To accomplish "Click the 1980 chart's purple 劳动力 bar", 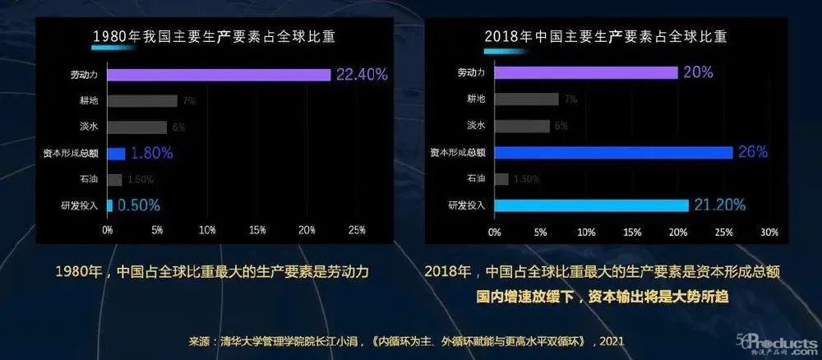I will click(x=219, y=74).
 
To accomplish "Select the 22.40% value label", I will click(x=360, y=75).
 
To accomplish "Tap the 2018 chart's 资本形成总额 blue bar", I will click(x=613, y=152).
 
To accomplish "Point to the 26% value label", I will click(x=752, y=152).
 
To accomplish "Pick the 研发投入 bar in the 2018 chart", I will click(x=591, y=205).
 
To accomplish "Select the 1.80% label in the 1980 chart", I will click(x=151, y=153).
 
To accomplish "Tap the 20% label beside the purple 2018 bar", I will click(x=697, y=73).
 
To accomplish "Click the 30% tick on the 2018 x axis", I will click(x=769, y=232).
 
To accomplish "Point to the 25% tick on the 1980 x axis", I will click(x=357, y=229).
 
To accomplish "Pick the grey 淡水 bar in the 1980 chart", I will click(x=136, y=127).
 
